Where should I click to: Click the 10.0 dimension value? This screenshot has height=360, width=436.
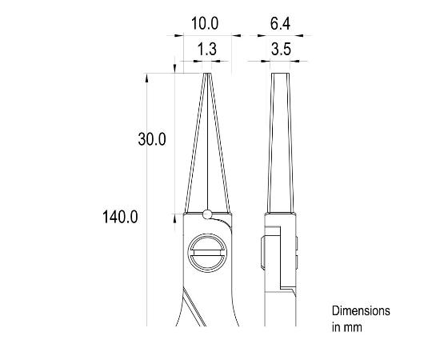pyautogui.click(x=204, y=24)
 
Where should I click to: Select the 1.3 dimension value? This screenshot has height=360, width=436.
pyautogui.click(x=206, y=50)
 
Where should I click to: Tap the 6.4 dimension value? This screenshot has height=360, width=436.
pyautogui.click(x=279, y=24)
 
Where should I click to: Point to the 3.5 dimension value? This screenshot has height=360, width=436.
pyautogui.click(x=279, y=50)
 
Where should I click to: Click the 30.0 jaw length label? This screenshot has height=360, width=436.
pyautogui.click(x=151, y=139)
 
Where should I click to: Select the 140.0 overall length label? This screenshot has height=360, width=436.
pyautogui.click(x=122, y=217)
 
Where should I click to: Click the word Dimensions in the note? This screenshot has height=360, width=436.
pyautogui.click(x=360, y=310)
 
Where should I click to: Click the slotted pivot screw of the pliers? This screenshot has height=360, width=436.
pyautogui.click(x=206, y=256)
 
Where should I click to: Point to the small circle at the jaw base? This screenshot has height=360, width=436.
pyautogui.click(x=207, y=214)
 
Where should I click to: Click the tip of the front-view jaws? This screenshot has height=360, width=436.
pyautogui.click(x=206, y=75)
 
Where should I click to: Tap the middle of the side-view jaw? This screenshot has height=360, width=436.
pyautogui.click(x=280, y=144)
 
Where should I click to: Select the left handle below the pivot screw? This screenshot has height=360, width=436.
pyautogui.click(x=190, y=308)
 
